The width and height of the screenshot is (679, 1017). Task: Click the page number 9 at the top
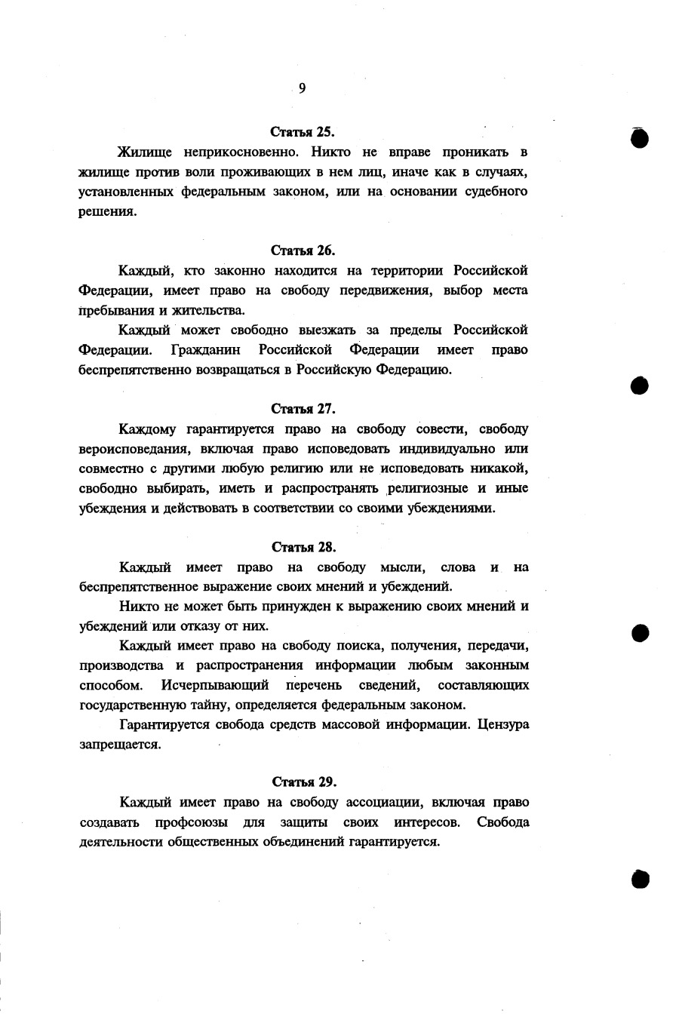click(302, 89)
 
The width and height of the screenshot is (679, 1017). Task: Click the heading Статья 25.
click(303, 132)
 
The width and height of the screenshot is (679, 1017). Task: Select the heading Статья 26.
click(303, 250)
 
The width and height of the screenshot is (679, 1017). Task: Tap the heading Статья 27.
click(303, 408)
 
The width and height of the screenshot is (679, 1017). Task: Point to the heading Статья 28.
click(303, 547)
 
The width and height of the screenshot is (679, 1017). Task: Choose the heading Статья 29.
click(303, 781)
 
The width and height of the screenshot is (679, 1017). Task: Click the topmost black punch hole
click(640, 137)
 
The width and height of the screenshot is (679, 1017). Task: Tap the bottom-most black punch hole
click(640, 877)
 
